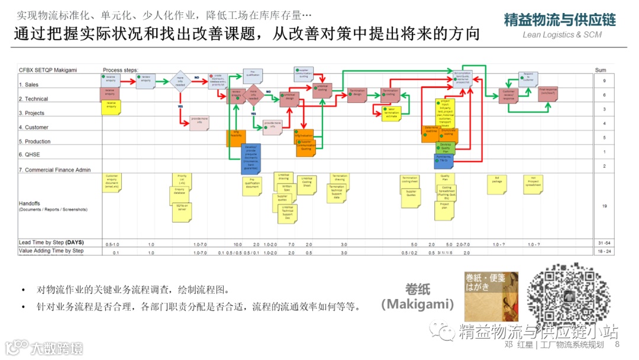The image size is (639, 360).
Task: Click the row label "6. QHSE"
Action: coord(28,155)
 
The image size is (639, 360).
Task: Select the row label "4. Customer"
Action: coord(33,127)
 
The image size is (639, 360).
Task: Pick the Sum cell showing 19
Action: coord(604,205)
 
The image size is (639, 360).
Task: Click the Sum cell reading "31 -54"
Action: coord(604,243)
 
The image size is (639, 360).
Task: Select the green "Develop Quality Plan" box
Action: coord(446,147)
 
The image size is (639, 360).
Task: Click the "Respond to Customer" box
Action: coord(528,78)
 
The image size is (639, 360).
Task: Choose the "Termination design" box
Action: coord(357,94)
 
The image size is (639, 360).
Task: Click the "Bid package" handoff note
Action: coord(497,184)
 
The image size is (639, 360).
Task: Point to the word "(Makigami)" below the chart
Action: coord(417,304)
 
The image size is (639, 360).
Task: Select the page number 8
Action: coord(617,345)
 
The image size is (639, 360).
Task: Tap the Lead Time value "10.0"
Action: coord(237,244)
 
